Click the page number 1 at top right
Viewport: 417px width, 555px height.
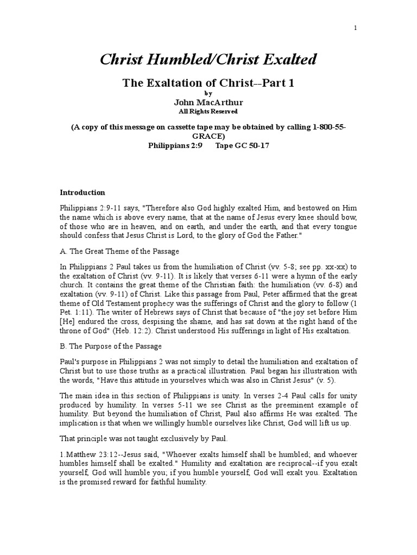click(355, 28)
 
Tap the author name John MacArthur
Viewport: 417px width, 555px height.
click(208, 102)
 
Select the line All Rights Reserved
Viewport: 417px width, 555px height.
click(208, 112)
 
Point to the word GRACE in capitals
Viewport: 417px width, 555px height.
click(208, 136)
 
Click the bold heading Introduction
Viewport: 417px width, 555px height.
click(82, 192)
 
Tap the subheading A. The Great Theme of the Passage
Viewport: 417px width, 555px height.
click(119, 251)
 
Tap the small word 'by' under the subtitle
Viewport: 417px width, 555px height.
click(208, 93)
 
